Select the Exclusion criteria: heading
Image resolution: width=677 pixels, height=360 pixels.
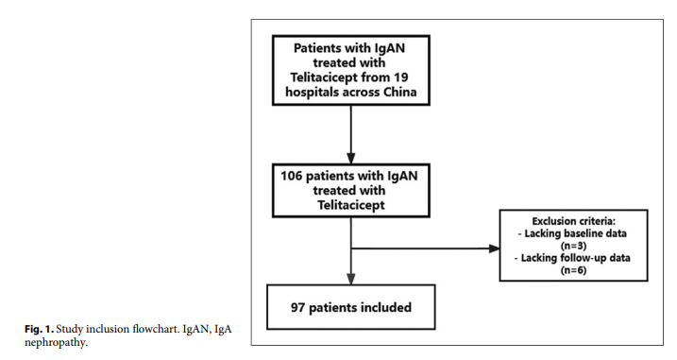click(573, 221)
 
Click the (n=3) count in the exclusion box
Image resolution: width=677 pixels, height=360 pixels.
click(574, 245)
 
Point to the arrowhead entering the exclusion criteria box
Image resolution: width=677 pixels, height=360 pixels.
click(495, 250)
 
